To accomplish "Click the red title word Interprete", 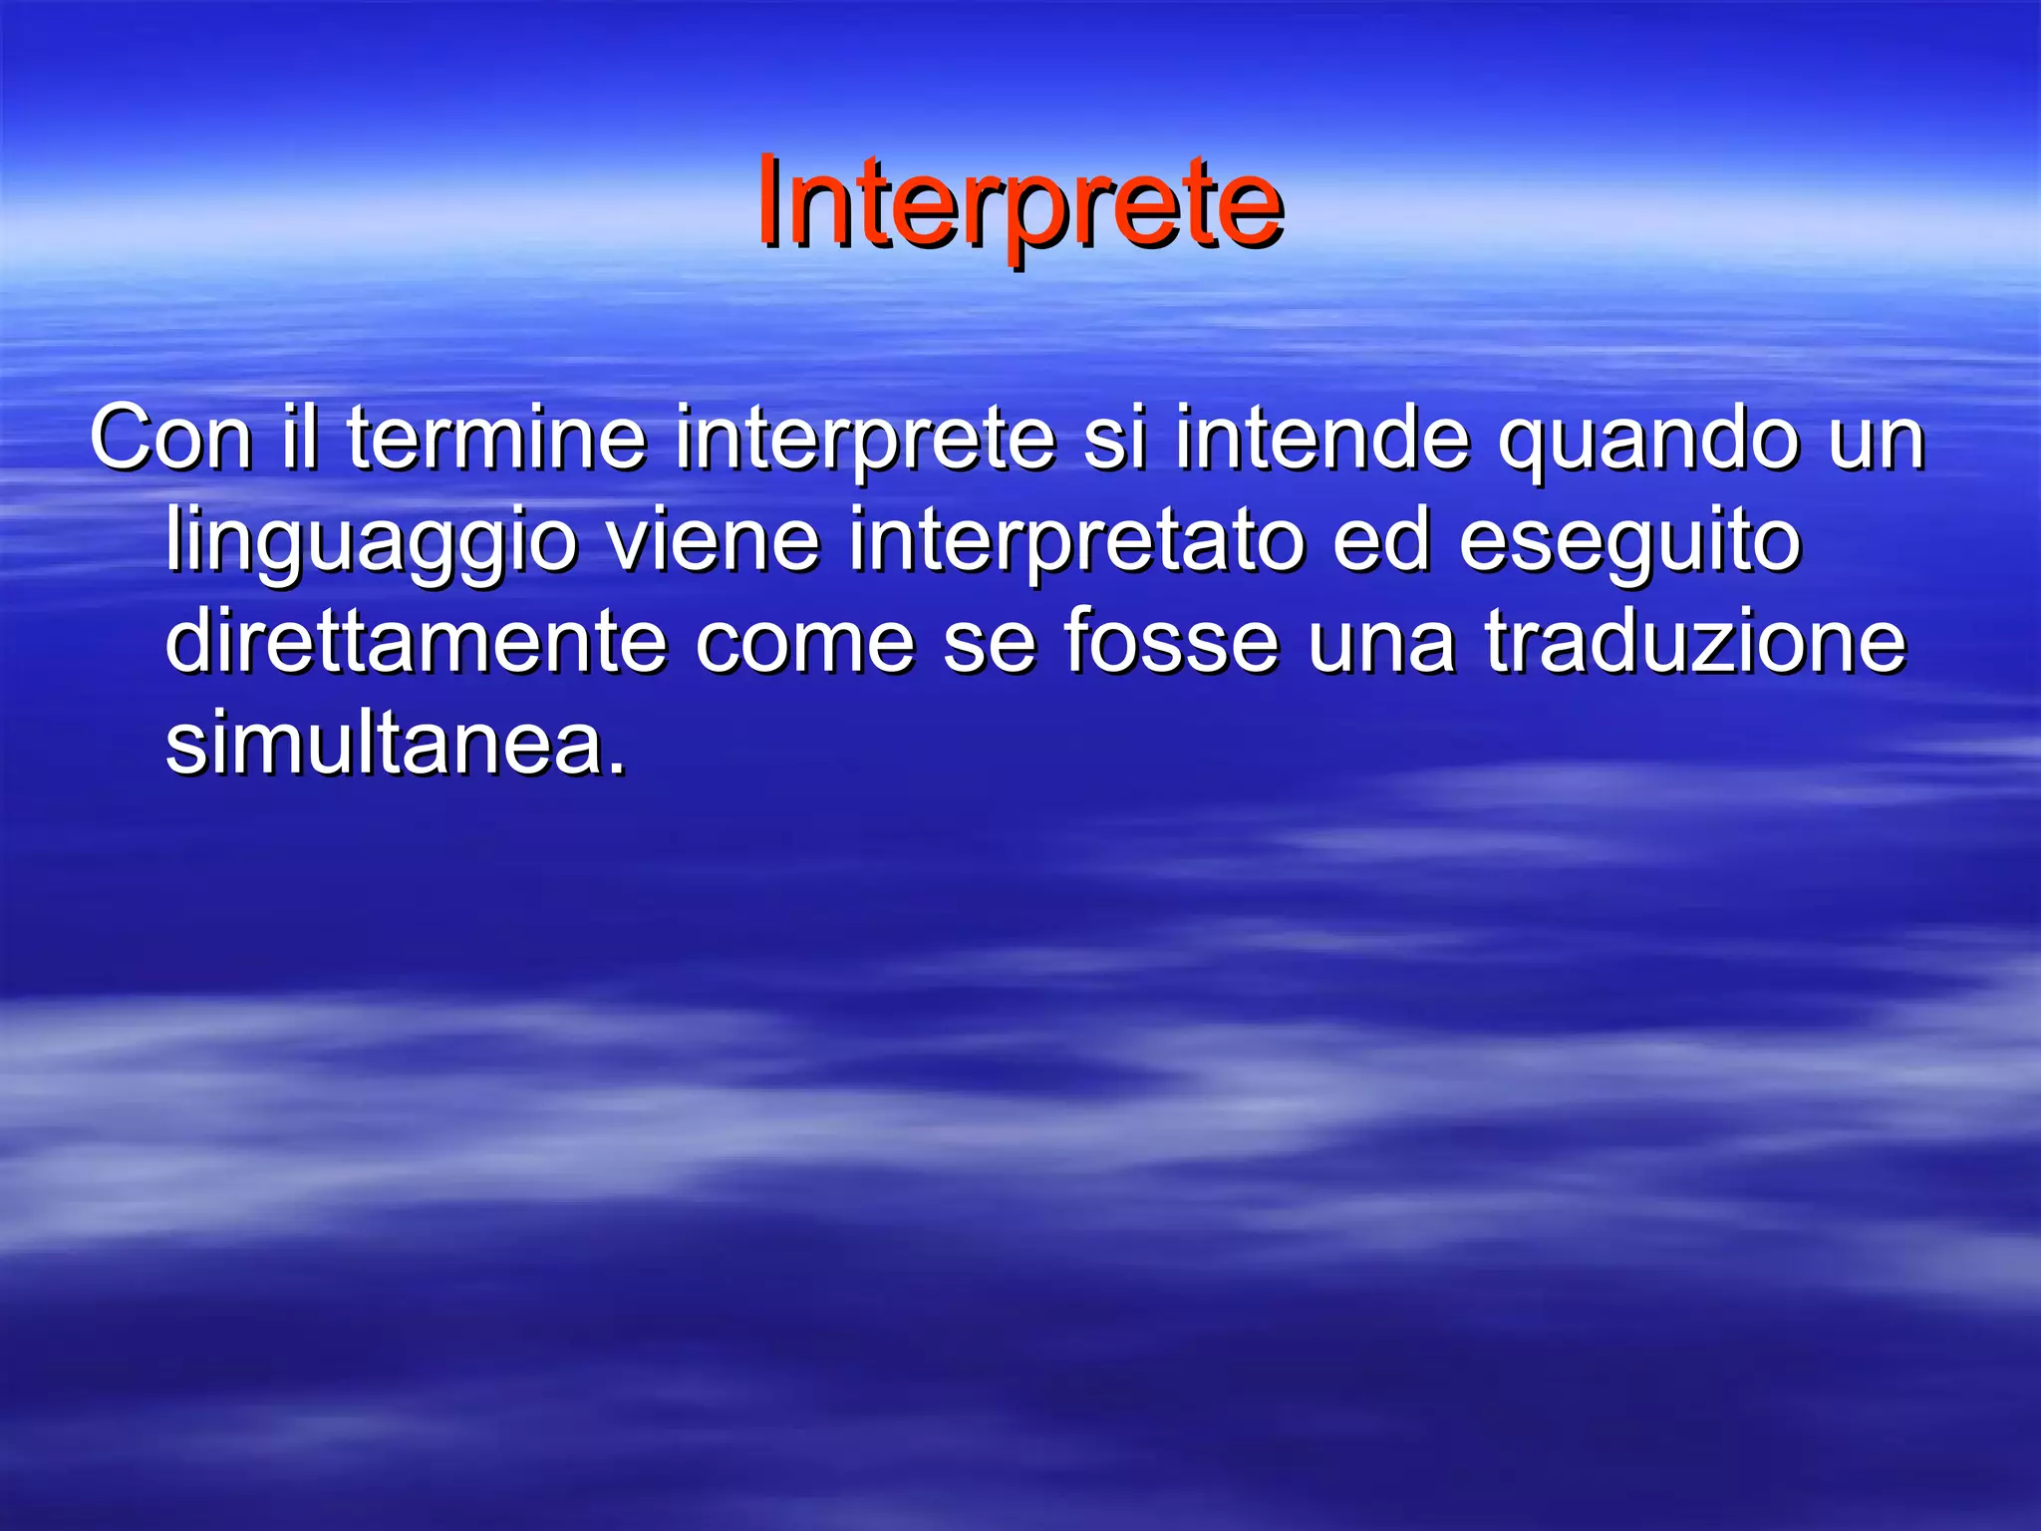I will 1019,204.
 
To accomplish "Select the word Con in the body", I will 169,439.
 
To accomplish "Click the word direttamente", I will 416,643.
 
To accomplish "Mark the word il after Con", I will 299,439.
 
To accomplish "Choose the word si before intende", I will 1113,439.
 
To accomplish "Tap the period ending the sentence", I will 618,767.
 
